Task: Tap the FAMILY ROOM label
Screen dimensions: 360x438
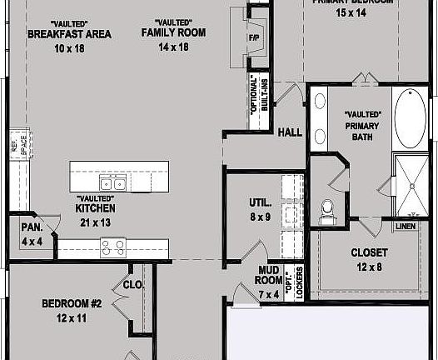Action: [x=173, y=32]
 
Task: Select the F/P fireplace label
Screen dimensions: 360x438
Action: [x=253, y=38]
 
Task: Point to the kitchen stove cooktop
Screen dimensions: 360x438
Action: [x=112, y=247]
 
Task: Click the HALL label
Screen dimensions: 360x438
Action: [x=290, y=132]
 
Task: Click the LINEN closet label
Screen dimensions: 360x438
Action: [x=406, y=226]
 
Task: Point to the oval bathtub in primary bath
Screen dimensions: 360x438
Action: [x=409, y=117]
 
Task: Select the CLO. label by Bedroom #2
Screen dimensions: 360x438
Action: [x=134, y=285]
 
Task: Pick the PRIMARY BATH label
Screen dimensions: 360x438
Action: [x=362, y=126]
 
